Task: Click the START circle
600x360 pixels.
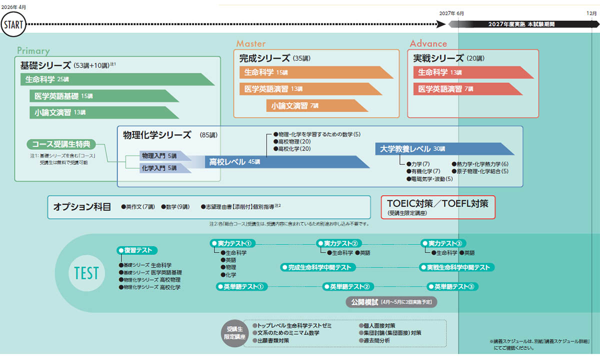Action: click(x=13, y=24)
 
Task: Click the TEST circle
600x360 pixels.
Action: click(x=86, y=272)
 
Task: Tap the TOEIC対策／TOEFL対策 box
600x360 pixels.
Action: click(x=438, y=207)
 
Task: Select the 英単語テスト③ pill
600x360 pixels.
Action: click(x=453, y=286)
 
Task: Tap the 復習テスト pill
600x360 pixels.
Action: click(x=137, y=250)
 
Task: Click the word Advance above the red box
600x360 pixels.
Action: click(x=428, y=43)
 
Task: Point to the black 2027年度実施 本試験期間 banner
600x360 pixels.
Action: click(x=521, y=24)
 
